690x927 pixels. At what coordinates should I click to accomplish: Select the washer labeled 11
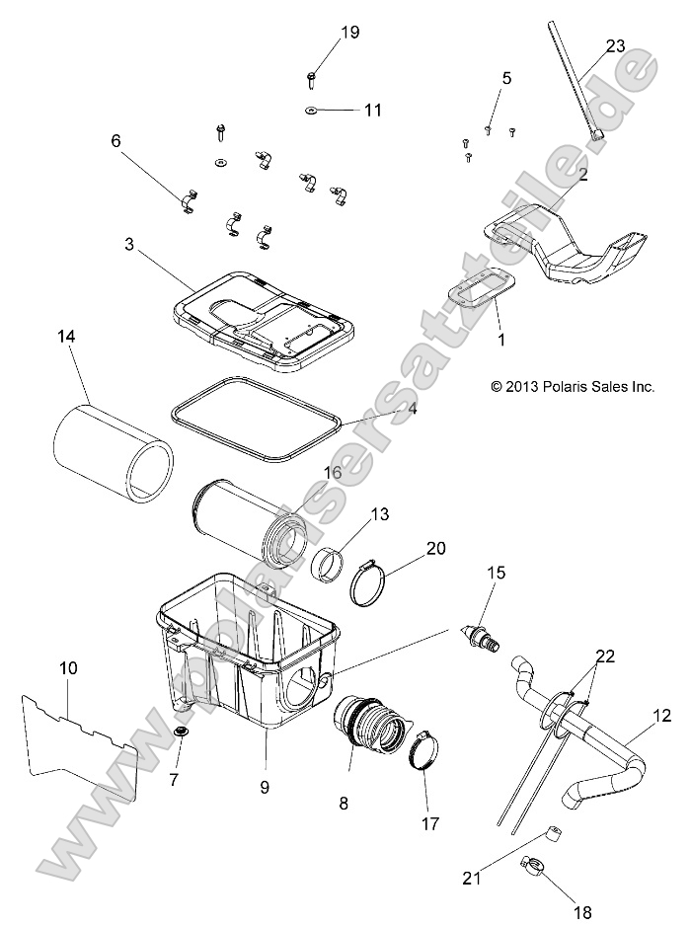[x=311, y=110]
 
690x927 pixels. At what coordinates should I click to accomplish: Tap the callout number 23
[x=615, y=45]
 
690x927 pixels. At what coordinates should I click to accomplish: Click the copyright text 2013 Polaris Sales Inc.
[x=572, y=388]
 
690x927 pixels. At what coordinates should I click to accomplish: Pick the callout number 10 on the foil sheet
[x=68, y=668]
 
